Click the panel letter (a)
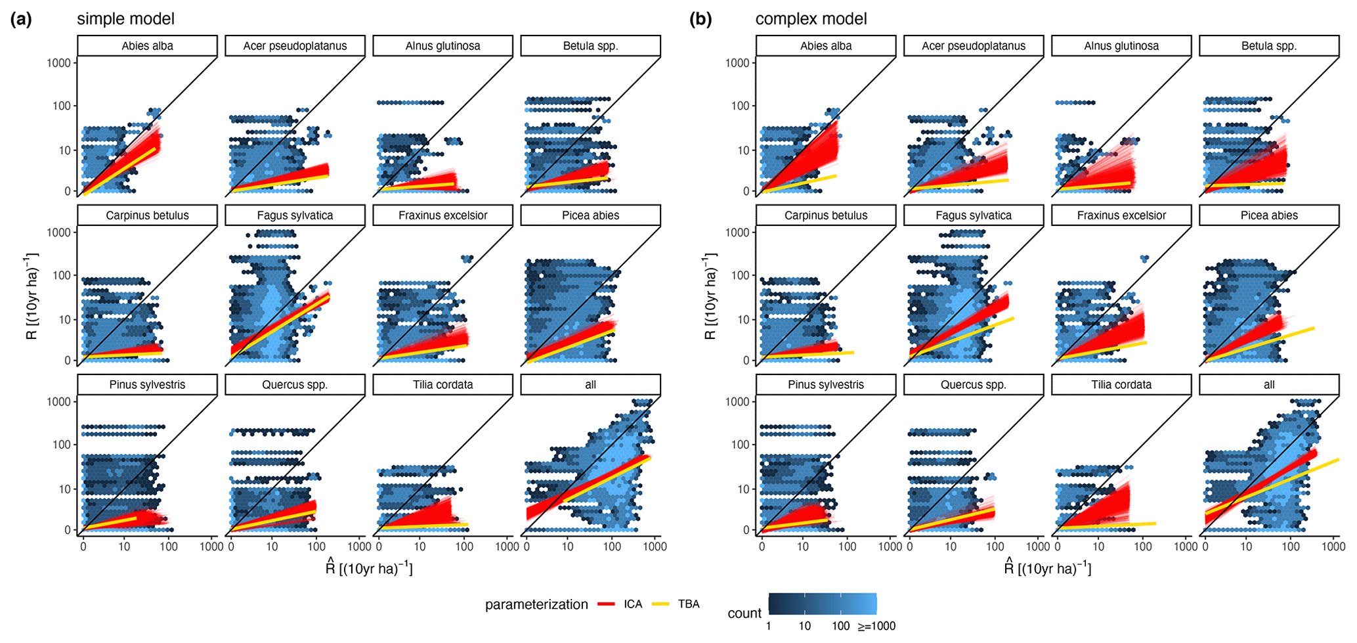(x=21, y=19)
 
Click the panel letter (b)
(x=700, y=19)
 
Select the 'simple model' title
(x=125, y=19)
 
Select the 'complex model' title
(x=811, y=19)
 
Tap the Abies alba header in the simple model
(x=147, y=46)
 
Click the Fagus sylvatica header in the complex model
(x=974, y=215)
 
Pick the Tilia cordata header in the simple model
(x=442, y=385)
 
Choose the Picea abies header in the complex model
(x=1269, y=215)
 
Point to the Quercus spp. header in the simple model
(x=295, y=385)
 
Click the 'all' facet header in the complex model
(x=1269, y=385)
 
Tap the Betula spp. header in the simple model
(x=590, y=46)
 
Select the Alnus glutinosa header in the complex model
(x=1121, y=46)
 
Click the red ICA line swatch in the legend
(x=606, y=604)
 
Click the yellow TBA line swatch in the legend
(x=660, y=604)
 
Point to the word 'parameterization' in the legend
(x=536, y=605)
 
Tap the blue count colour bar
(x=823, y=604)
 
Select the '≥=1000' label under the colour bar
(x=876, y=627)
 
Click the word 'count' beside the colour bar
(x=744, y=613)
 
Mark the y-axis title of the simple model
(x=32, y=296)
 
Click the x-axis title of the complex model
(x=1048, y=567)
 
